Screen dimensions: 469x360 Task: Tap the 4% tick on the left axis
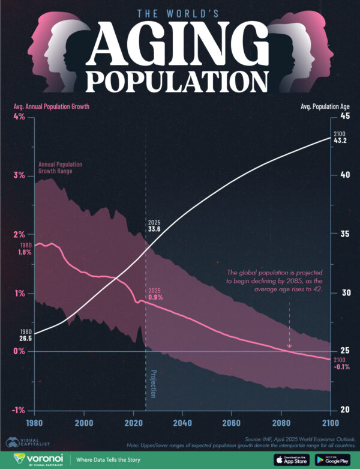point(18,117)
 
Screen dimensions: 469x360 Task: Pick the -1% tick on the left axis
point(17,411)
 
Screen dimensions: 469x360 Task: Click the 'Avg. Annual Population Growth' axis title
point(51,106)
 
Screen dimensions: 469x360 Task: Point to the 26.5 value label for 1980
point(26,339)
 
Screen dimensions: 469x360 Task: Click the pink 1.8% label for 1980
point(25,253)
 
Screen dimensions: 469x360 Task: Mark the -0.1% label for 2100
point(341,366)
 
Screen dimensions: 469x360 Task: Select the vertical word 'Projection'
point(153,383)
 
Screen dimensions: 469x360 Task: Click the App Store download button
point(292,459)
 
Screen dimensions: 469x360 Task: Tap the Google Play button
point(333,459)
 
